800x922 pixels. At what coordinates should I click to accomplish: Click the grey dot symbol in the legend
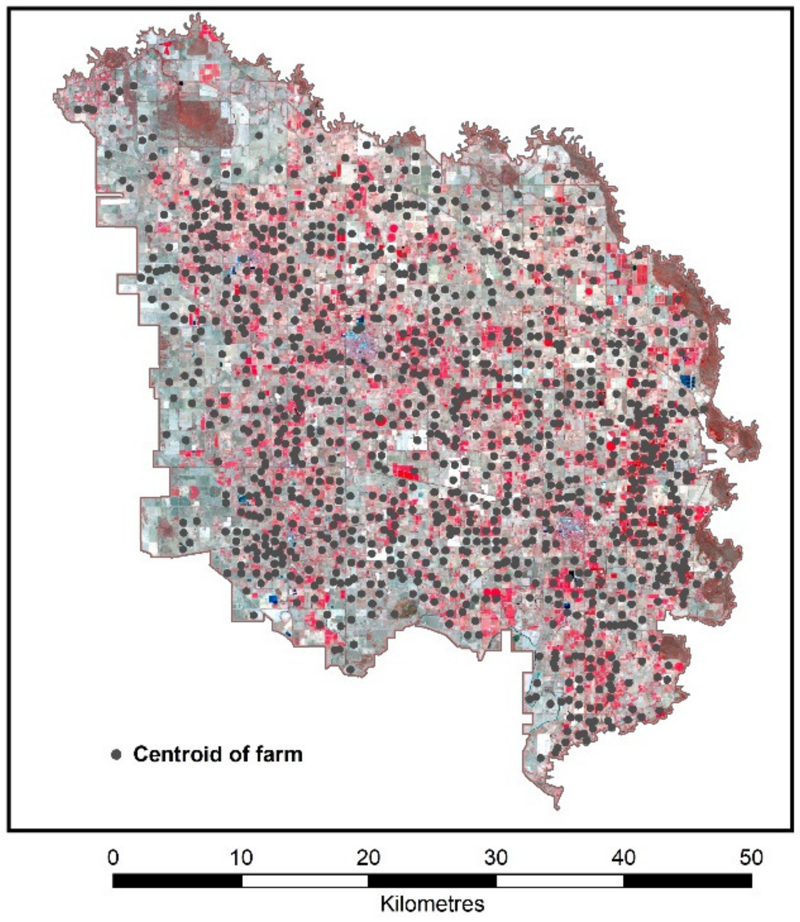pos(116,754)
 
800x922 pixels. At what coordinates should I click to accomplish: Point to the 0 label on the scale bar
pos(113,857)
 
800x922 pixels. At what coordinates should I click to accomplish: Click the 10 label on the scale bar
pos(241,857)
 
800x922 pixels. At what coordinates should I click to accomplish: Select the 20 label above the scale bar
pos(368,857)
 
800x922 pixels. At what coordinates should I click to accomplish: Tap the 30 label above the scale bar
pos(496,857)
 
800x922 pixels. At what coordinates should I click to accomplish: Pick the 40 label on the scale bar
pos(624,857)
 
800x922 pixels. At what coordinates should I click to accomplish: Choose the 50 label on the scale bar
pos(751,857)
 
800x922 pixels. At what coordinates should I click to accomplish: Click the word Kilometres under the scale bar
pos(432,904)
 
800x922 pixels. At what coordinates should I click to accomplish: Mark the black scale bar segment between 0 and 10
pos(177,881)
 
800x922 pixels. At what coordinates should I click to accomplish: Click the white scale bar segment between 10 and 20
pos(305,881)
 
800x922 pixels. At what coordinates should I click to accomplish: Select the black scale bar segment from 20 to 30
pos(432,881)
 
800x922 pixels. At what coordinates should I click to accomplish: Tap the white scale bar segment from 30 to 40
pos(560,881)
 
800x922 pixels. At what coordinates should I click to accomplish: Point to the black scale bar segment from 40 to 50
pos(688,881)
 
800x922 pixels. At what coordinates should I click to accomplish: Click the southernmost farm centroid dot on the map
pos(541,758)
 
